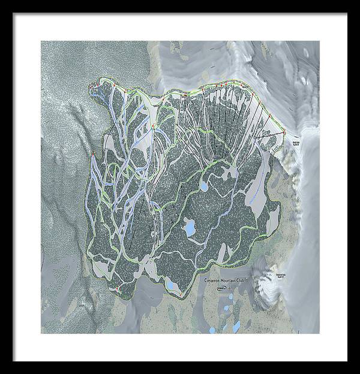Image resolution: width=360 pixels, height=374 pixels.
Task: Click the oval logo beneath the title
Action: click(222, 288)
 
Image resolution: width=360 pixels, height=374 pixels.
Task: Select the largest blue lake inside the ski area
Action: click(190, 228)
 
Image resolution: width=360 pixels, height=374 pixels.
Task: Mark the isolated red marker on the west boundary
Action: click(93, 156)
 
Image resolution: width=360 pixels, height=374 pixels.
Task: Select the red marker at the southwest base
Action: click(115, 289)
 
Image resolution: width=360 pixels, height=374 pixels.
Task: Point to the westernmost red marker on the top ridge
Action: click(91, 88)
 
